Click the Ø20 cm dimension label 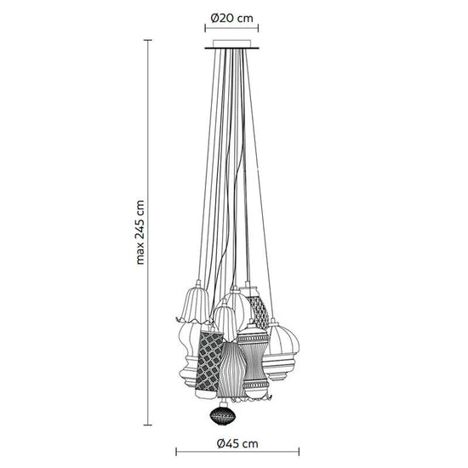click(x=231, y=19)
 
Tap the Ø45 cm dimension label click(x=237, y=444)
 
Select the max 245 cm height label click(x=140, y=232)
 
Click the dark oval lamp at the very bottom click(x=223, y=414)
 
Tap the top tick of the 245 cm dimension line click(x=148, y=40)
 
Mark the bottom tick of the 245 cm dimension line click(x=148, y=425)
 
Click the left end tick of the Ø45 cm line click(x=176, y=452)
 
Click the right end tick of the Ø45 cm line click(x=299, y=452)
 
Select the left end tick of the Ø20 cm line click(x=205, y=28)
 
